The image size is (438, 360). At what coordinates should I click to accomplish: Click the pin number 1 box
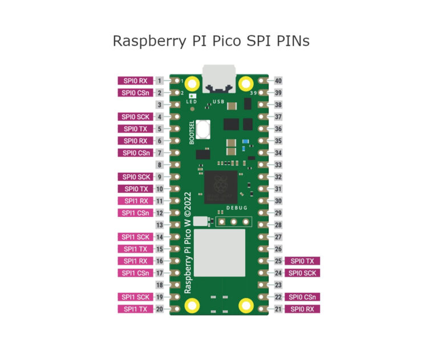pyautogui.click(x=161, y=81)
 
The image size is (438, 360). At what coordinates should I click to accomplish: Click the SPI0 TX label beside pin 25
pyautogui.click(x=302, y=261)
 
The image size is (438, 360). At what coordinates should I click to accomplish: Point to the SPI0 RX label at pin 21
pyautogui.click(x=302, y=309)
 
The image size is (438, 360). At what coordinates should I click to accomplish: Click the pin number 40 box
pyautogui.click(x=278, y=81)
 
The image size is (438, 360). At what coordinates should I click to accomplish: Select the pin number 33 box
pyautogui.click(x=278, y=165)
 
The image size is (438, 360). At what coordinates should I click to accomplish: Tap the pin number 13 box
pyautogui.click(x=161, y=225)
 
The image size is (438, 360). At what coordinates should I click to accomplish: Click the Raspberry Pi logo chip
pyautogui.click(x=220, y=185)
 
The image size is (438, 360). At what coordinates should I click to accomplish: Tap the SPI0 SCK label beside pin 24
pyautogui.click(x=302, y=273)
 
